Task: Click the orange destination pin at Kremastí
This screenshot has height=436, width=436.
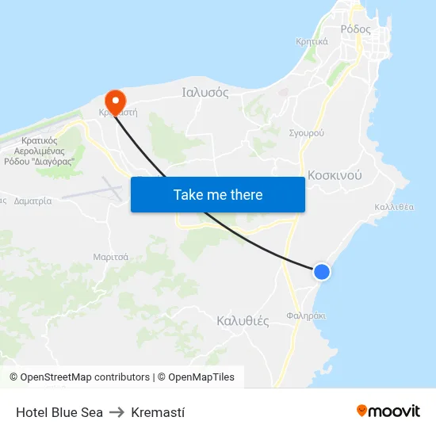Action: coord(115,101)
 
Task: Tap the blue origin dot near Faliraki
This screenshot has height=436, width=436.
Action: coord(321,272)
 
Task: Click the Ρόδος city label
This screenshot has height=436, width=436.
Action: coord(355,29)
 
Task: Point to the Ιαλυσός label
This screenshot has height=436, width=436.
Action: coord(205,92)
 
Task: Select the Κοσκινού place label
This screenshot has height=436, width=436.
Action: coord(335,175)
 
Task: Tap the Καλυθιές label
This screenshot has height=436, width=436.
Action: coord(243,321)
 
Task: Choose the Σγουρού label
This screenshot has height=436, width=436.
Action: coord(306,132)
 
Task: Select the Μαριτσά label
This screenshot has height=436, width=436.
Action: coord(111,257)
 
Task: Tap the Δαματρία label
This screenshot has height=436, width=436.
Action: coord(33,201)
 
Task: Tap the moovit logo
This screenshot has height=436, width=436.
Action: coord(388,411)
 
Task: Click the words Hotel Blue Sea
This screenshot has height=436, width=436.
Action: coord(59,412)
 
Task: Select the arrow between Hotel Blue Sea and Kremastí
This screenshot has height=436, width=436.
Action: coord(117,412)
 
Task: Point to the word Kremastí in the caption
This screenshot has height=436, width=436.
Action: coord(158,412)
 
